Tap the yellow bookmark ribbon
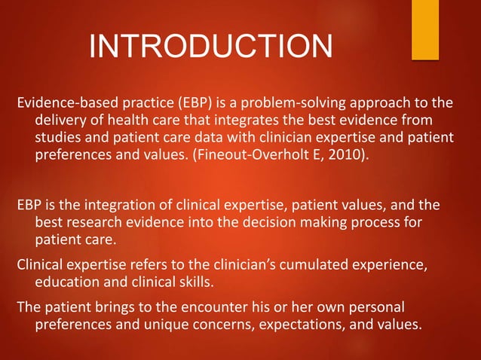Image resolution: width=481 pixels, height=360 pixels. pos(424,29)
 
